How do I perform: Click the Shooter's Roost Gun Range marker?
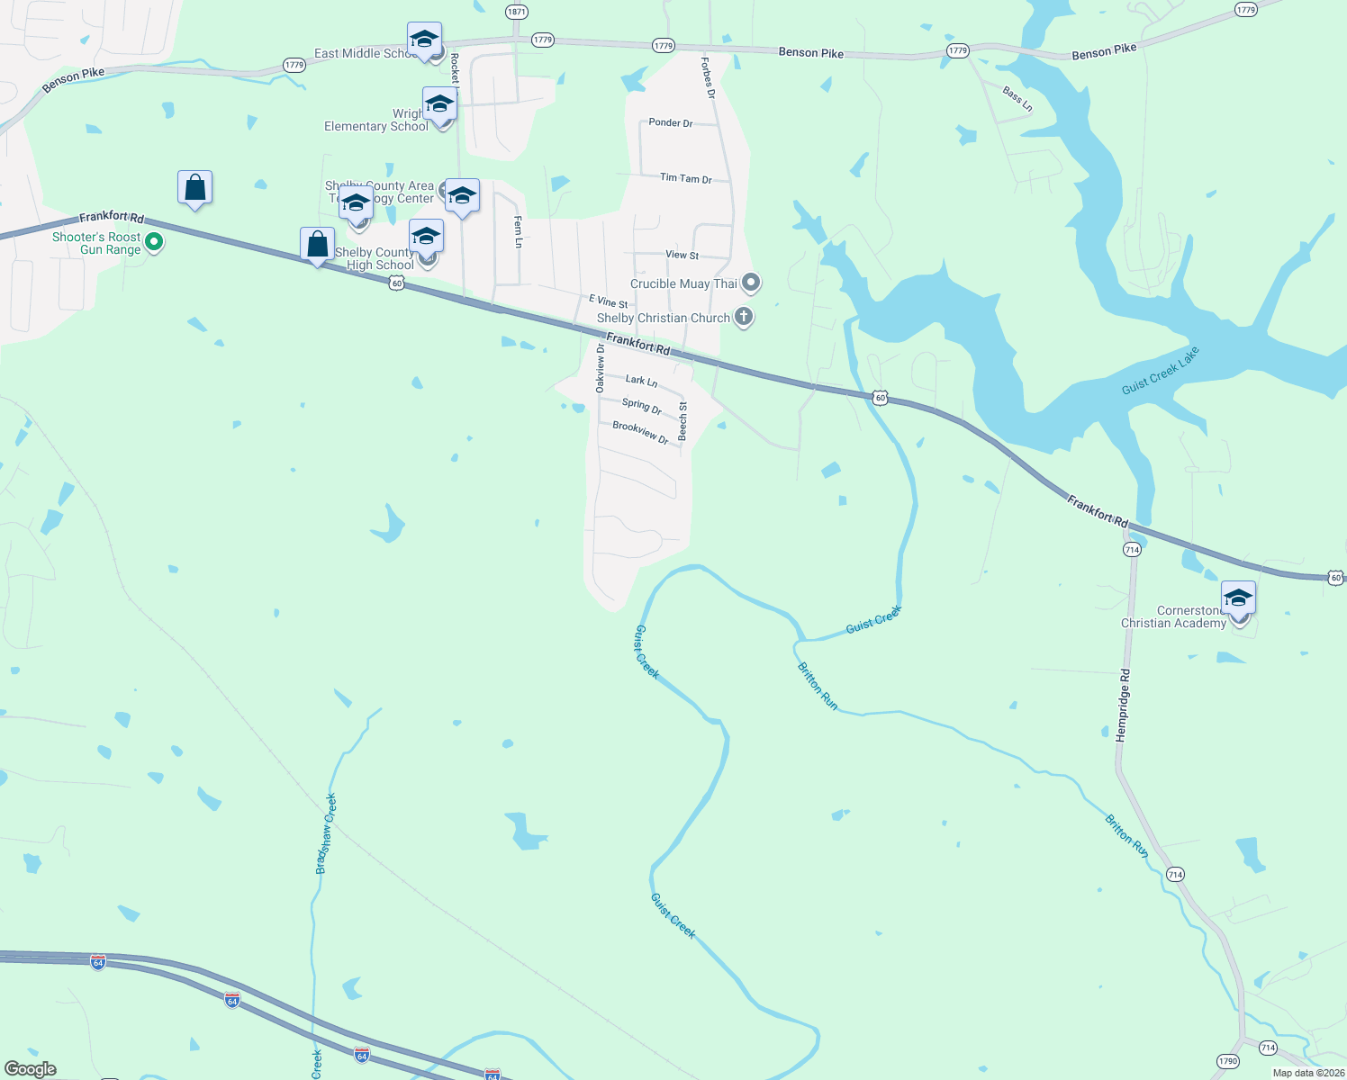tap(154, 241)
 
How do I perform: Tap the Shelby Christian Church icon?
tap(743, 316)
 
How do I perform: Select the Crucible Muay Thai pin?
tap(751, 283)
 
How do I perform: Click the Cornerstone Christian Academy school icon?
tap(1238, 598)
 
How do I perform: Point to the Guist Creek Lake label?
tap(1161, 371)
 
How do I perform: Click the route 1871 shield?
tap(516, 12)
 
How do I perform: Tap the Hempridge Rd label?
tap(1122, 705)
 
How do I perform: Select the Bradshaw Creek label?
tap(326, 833)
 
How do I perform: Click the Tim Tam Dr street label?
tap(685, 178)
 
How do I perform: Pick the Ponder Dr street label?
tap(671, 122)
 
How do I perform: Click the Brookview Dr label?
tap(640, 432)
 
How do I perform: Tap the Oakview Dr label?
tap(600, 367)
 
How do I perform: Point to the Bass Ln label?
tap(1017, 98)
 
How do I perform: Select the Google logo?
tap(31, 1069)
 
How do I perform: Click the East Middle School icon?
tap(424, 40)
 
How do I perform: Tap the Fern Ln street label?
tap(518, 231)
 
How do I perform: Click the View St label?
tap(682, 255)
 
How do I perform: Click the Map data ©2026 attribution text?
tap(1308, 1073)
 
